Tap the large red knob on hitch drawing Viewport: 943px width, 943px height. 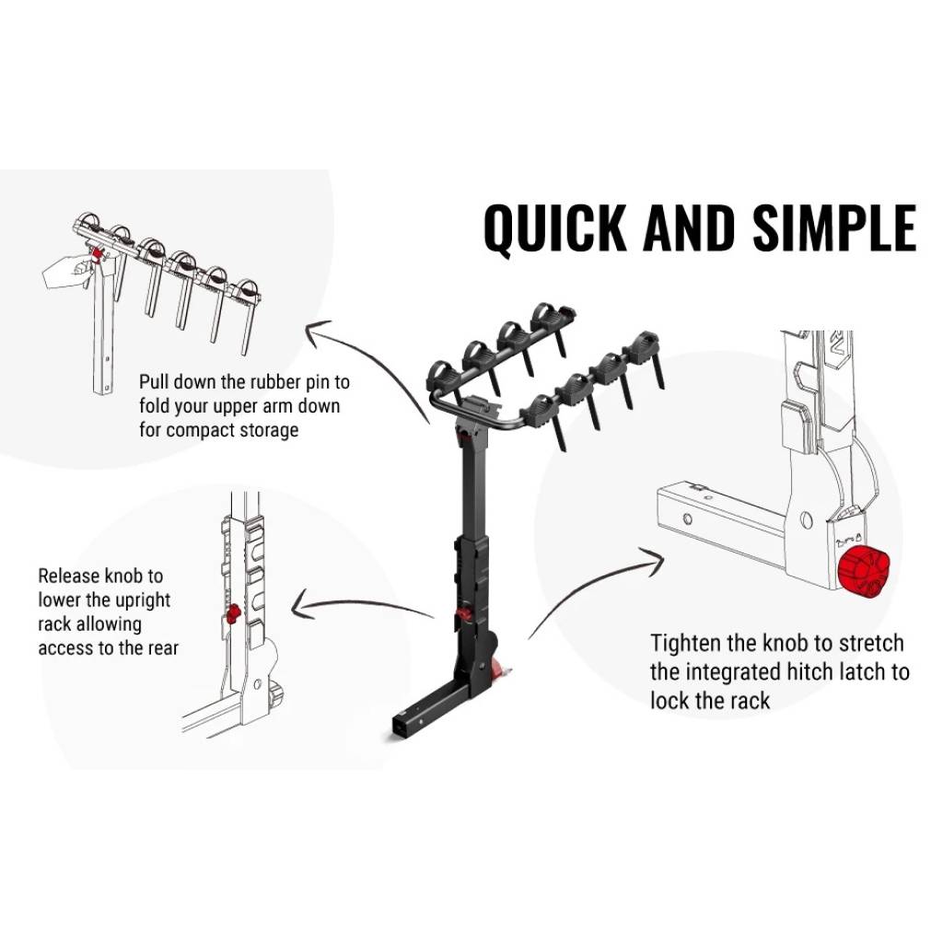[865, 571]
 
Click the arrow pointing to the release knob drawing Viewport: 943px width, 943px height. [359, 608]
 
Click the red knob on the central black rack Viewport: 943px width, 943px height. [466, 614]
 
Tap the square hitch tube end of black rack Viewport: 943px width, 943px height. [402, 728]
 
